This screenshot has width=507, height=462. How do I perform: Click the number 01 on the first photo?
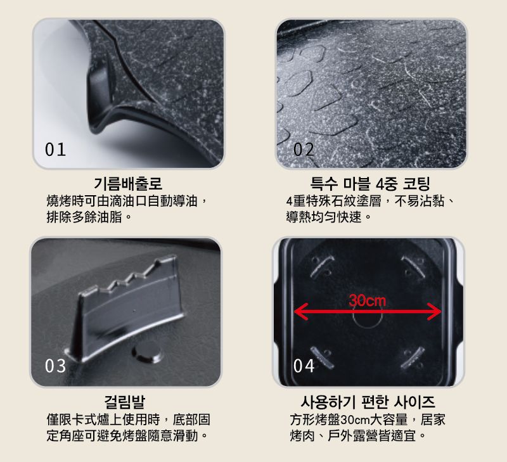(x=55, y=150)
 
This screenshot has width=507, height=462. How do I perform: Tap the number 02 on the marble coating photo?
(x=304, y=150)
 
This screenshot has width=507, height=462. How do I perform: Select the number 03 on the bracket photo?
(x=55, y=366)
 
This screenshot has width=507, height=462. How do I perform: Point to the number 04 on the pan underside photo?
(x=304, y=366)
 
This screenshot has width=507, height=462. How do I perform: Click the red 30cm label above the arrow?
(x=368, y=300)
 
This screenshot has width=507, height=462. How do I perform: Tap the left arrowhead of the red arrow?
(x=300, y=312)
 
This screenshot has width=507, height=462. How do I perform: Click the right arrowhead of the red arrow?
(x=434, y=312)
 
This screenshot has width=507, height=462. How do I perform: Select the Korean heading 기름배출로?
(x=128, y=184)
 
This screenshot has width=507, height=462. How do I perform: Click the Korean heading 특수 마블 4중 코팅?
(x=370, y=184)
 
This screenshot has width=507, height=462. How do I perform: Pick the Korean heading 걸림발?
(x=125, y=402)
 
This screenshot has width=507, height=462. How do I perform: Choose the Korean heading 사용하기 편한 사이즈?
(x=368, y=402)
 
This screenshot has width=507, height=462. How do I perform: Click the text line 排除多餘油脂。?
(x=89, y=217)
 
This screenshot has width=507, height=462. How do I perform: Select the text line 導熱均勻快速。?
(x=328, y=217)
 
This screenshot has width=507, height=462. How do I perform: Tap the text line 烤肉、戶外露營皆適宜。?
(x=358, y=435)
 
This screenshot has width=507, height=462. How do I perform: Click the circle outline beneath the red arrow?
(x=368, y=326)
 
